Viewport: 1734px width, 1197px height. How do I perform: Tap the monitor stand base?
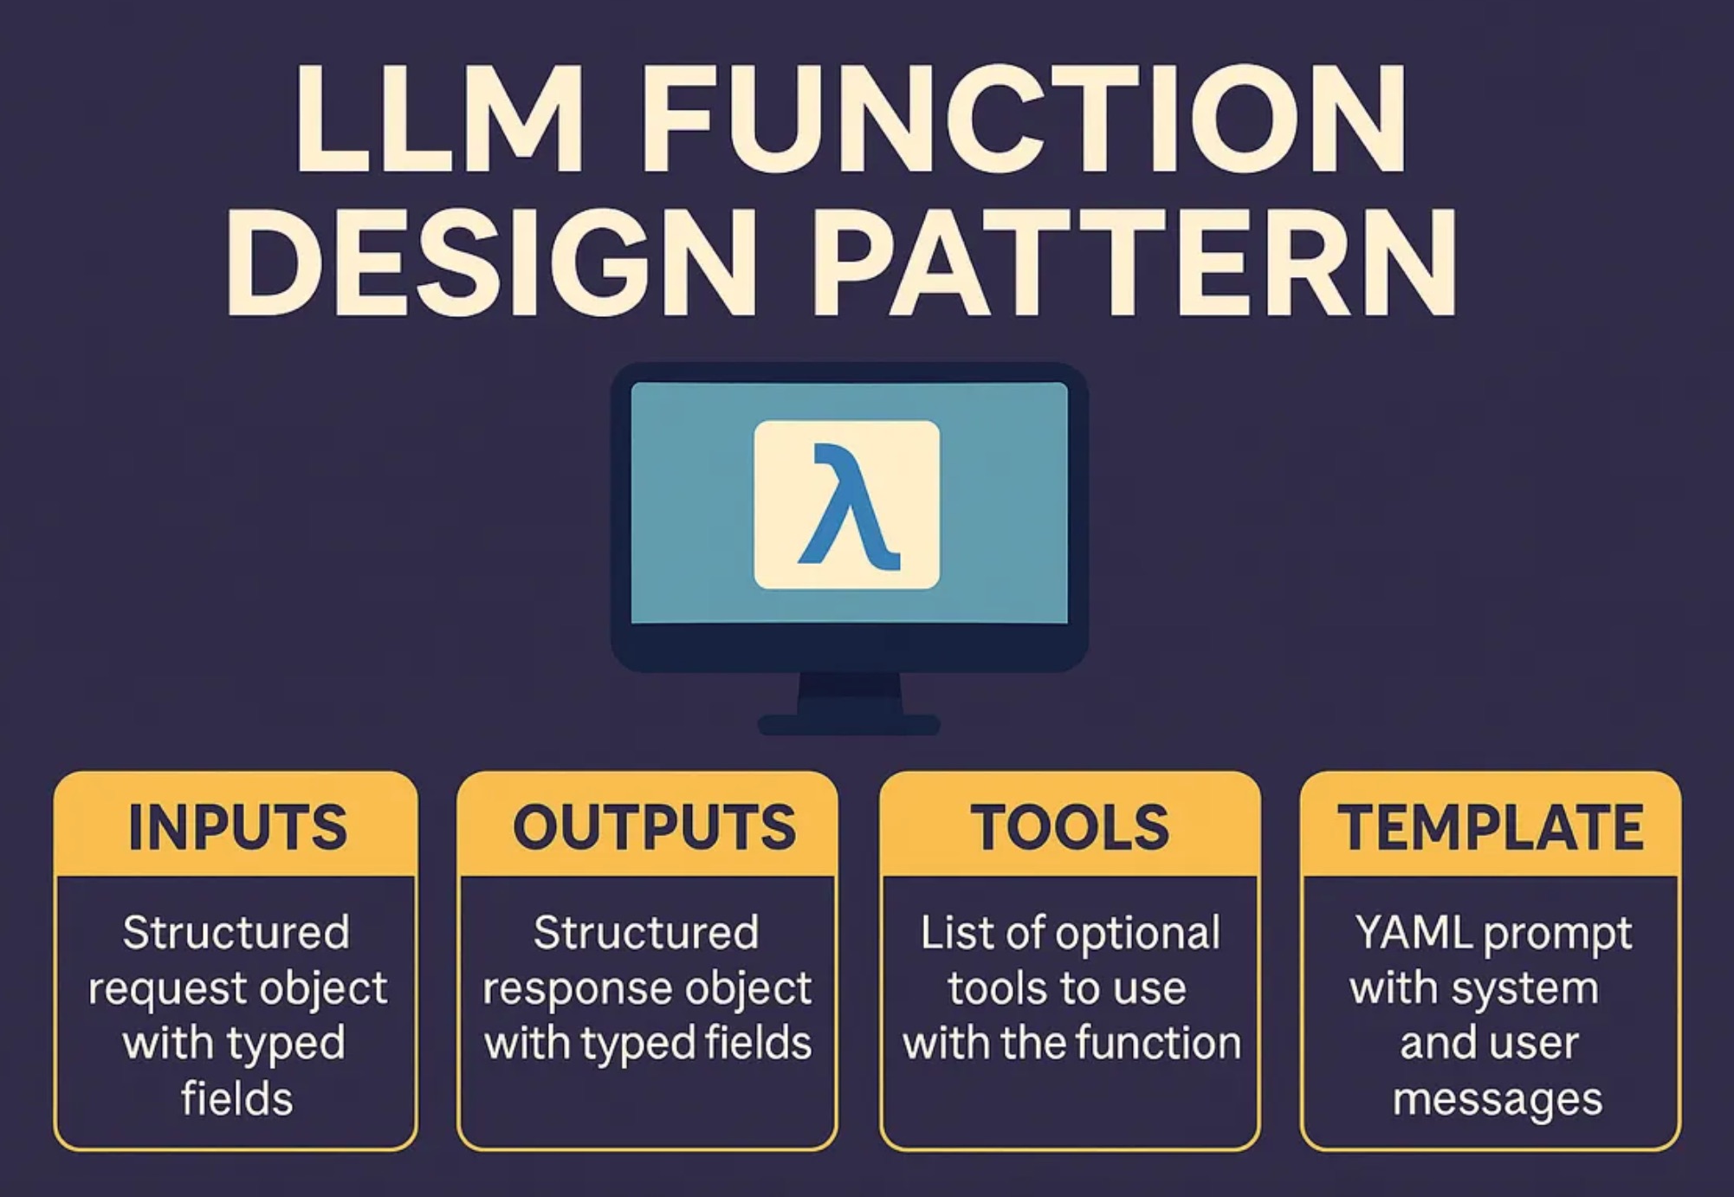pyautogui.click(x=848, y=724)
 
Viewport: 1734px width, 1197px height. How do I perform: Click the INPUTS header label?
pyautogui.click(x=236, y=827)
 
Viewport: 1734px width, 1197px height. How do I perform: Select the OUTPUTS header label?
pyautogui.click(x=654, y=827)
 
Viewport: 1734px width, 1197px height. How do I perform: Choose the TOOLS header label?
pyautogui.click(x=1069, y=827)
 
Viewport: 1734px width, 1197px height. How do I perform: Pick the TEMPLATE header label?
pyautogui.click(x=1490, y=827)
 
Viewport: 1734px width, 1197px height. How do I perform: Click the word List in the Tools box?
pyautogui.click(x=947, y=934)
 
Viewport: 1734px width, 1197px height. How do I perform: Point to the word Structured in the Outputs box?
pyautogui.click(x=646, y=934)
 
